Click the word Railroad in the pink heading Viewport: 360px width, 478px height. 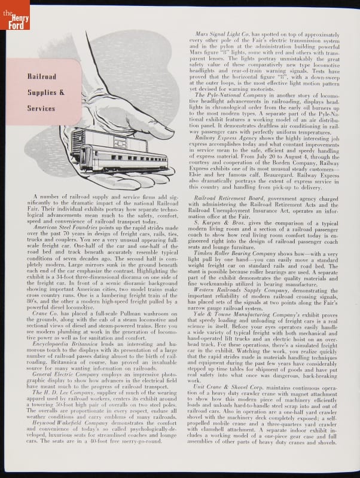(x=41, y=76)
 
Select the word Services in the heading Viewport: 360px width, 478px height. (x=41, y=109)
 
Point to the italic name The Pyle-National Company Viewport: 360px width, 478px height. (x=230, y=95)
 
